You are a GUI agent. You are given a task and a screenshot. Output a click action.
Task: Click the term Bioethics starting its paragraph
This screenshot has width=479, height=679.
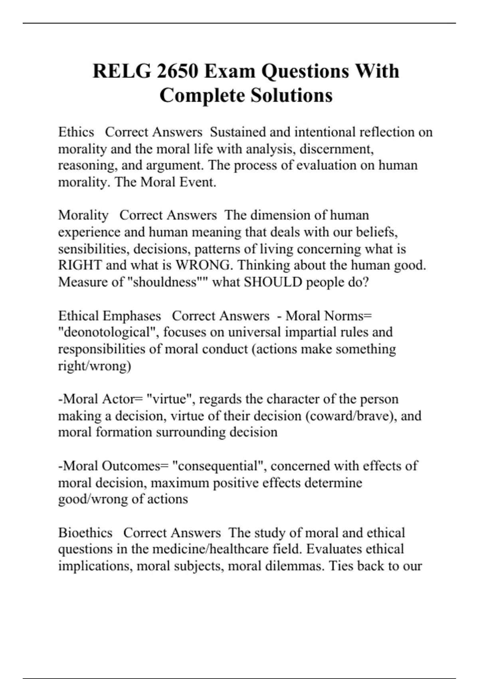(x=85, y=533)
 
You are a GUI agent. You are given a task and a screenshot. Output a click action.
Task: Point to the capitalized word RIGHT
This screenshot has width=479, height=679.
(x=80, y=265)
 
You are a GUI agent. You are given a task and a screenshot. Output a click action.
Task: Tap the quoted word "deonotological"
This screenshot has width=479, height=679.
(x=109, y=332)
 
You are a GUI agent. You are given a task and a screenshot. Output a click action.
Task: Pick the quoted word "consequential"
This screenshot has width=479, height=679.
(x=219, y=466)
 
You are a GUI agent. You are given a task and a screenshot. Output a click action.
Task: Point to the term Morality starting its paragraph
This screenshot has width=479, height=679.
(x=83, y=215)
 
